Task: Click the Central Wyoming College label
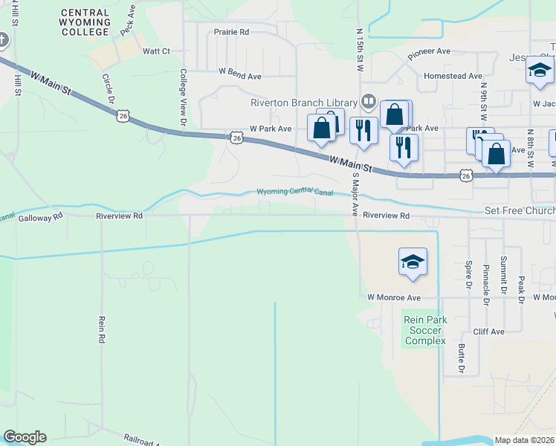(x=85, y=22)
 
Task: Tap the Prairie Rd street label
(x=231, y=33)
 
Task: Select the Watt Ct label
(x=156, y=51)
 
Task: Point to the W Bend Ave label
(x=239, y=76)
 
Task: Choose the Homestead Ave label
(x=453, y=76)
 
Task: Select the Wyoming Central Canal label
(x=295, y=192)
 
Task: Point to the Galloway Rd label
(x=40, y=219)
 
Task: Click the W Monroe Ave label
(x=394, y=297)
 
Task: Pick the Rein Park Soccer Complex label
(x=424, y=330)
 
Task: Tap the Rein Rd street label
(x=101, y=329)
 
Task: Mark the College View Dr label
(x=183, y=97)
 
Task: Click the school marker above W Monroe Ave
(x=413, y=262)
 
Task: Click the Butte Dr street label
(x=462, y=358)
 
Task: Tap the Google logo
(x=25, y=437)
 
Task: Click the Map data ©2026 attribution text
(x=524, y=440)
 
